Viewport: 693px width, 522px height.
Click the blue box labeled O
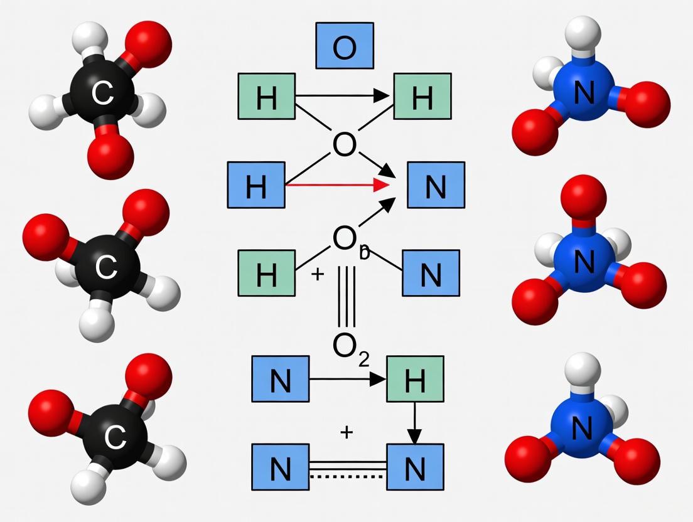click(x=344, y=46)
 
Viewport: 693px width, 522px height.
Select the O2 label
click(x=351, y=346)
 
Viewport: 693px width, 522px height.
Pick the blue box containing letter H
click(x=256, y=185)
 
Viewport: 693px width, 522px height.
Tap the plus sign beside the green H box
click(x=318, y=274)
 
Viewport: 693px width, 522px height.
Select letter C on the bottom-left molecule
click(x=114, y=437)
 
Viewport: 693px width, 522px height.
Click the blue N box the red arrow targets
click(x=436, y=185)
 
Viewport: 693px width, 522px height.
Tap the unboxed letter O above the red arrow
click(x=344, y=145)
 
